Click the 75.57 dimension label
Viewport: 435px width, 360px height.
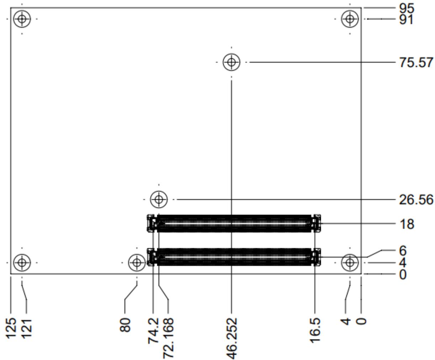click(x=416, y=62)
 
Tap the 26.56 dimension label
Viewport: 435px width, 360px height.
click(x=416, y=200)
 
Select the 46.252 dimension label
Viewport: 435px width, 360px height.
click(x=232, y=338)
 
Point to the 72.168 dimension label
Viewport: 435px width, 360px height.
click(x=168, y=338)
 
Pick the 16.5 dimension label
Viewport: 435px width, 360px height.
click(x=315, y=330)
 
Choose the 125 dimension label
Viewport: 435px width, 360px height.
click(x=11, y=328)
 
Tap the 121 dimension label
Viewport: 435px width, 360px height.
click(x=26, y=329)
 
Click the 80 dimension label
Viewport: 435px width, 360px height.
click(x=125, y=324)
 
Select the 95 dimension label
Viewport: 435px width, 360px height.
click(x=407, y=9)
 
